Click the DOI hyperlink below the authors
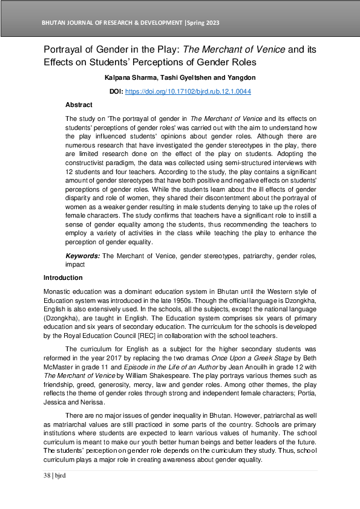tap(188, 91)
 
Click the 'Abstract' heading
tap(79, 105)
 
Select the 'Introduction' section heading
tap(63, 277)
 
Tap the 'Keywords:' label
tap(82, 256)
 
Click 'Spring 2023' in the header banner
tap(203, 23)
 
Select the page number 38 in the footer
tap(47, 476)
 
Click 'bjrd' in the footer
tap(59, 476)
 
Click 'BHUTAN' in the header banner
tap(54, 23)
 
